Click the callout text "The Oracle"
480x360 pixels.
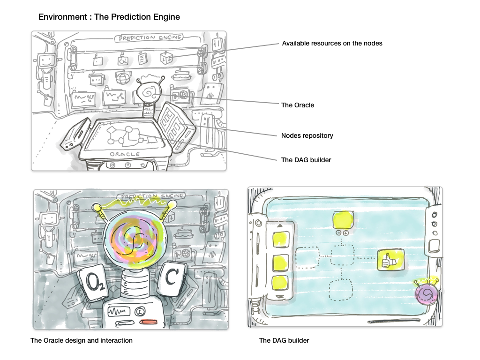pos(297,105)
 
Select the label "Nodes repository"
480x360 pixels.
pos(307,135)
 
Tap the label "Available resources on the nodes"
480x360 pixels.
pos(332,43)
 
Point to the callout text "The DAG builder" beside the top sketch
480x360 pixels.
pos(306,160)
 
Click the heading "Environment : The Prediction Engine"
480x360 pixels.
pos(109,17)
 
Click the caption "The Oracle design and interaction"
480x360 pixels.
pos(82,340)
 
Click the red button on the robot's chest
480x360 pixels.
pos(149,322)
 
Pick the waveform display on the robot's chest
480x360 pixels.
pos(119,311)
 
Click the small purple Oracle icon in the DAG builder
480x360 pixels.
pos(427,293)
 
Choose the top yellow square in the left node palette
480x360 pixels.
pos(279,239)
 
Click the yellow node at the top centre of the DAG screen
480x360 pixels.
pos(343,220)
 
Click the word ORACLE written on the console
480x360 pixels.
pos(125,154)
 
